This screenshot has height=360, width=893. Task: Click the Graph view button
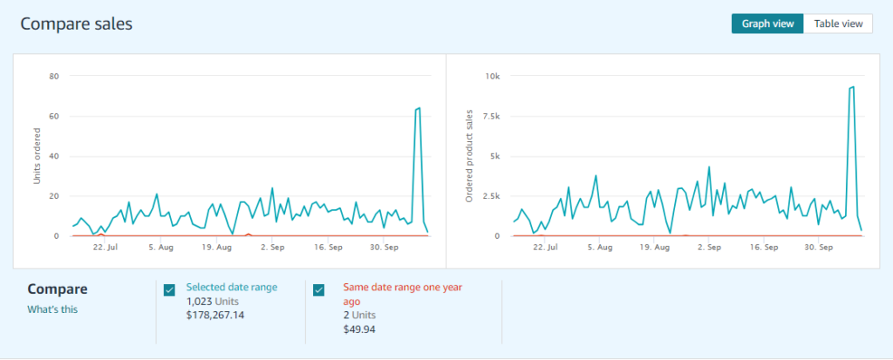tap(767, 24)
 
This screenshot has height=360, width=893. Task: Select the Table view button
tap(837, 24)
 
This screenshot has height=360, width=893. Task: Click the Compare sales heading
tap(76, 24)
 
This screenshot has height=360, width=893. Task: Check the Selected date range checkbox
tap(169, 290)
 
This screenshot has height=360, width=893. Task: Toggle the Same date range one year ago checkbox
tap(319, 290)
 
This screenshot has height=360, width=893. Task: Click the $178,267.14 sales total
tap(215, 315)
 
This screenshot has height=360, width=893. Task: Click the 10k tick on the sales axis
tap(493, 76)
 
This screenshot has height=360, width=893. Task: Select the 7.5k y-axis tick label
tap(490, 116)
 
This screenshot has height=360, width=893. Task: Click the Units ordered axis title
tap(37, 156)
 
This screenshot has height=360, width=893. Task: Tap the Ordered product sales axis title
tap(469, 156)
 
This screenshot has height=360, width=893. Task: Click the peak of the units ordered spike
tap(419, 108)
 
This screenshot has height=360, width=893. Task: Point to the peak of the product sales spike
tap(851, 86)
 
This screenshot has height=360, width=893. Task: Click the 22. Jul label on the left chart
tap(106, 248)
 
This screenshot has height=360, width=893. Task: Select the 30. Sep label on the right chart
tap(817, 248)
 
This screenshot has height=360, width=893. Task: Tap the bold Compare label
tap(58, 289)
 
